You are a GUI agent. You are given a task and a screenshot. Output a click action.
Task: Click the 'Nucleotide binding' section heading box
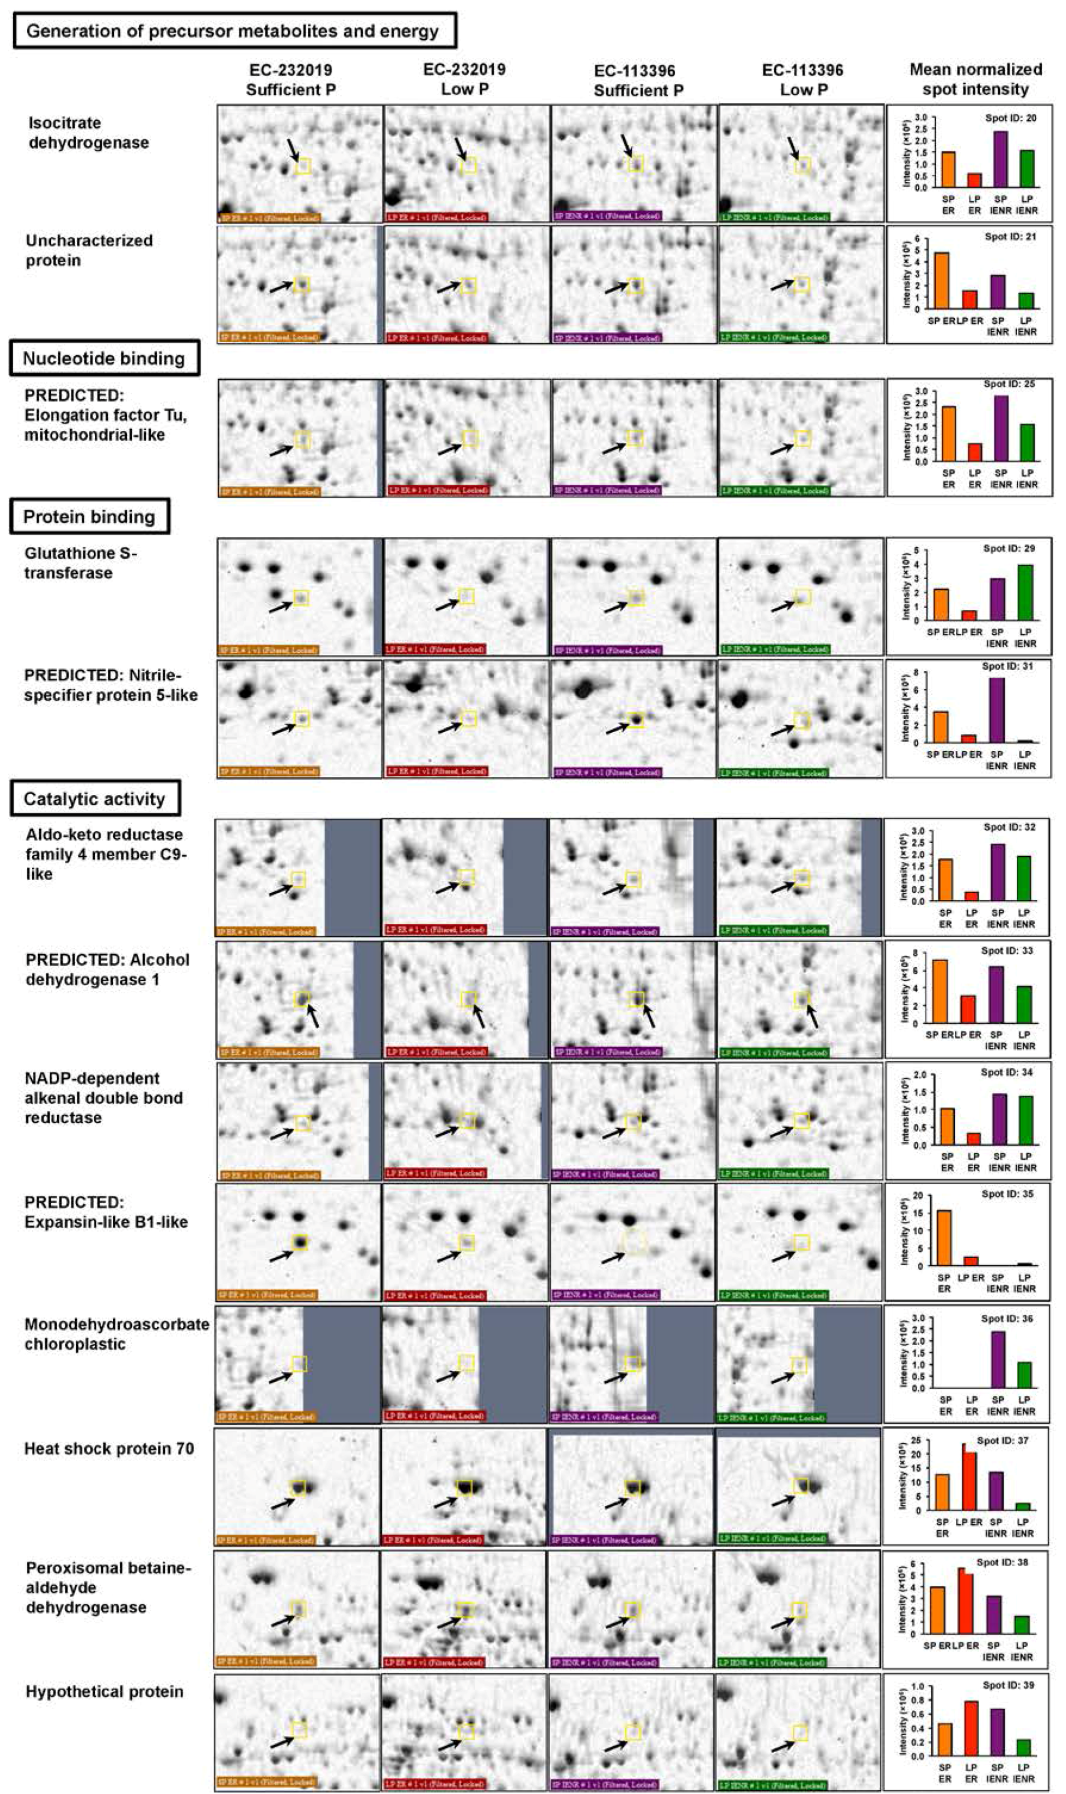[x=104, y=359]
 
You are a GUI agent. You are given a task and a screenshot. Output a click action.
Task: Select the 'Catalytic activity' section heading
[x=94, y=799]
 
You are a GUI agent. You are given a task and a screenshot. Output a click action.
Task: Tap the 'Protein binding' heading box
[x=89, y=517]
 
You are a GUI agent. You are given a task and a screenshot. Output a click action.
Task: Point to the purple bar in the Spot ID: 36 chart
[x=997, y=1360]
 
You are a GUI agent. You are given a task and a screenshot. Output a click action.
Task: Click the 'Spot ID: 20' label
[x=1010, y=118]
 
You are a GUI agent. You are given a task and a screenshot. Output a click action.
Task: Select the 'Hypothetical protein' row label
[x=104, y=1691]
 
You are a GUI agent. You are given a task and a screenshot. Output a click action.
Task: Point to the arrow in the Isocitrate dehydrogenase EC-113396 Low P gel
[x=794, y=149]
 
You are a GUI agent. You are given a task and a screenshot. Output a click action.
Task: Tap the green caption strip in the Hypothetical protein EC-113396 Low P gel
[x=773, y=1784]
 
